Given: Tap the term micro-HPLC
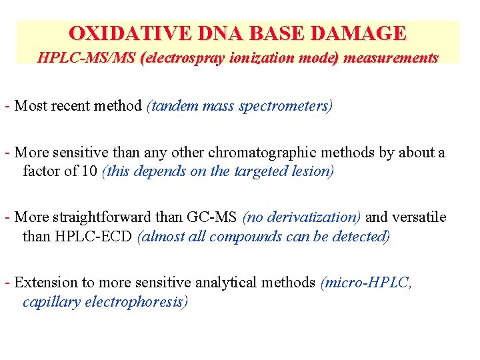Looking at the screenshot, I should [368, 283].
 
